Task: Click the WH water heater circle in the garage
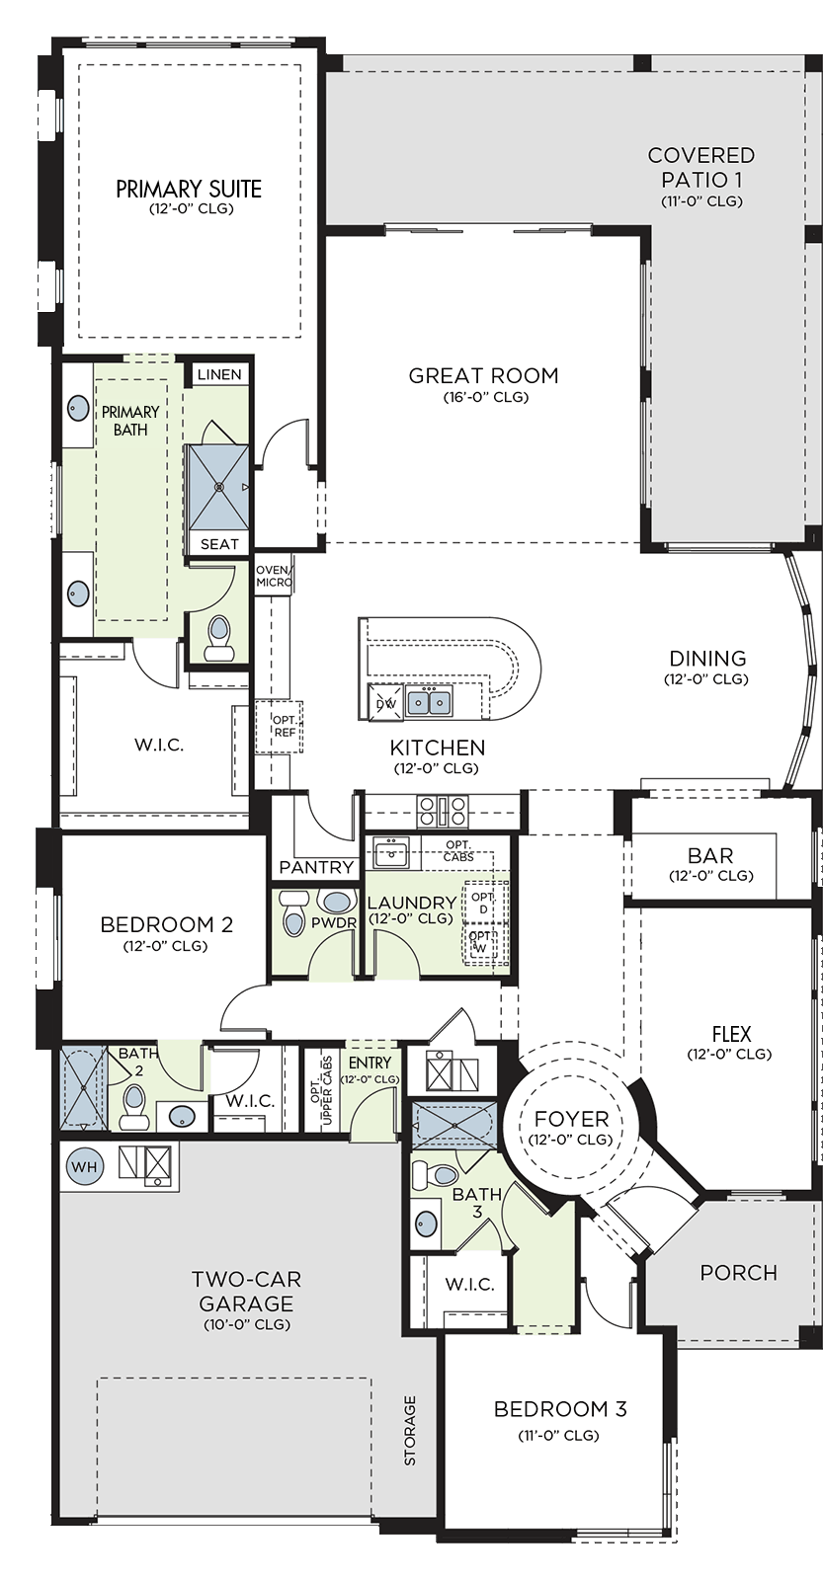coord(85,1166)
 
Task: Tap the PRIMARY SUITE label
coord(189,189)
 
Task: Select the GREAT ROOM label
coord(483,375)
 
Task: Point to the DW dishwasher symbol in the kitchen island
coord(385,703)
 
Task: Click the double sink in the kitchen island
coord(430,702)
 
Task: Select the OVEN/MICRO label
coord(274,577)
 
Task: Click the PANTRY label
coord(316,867)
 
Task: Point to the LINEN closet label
coord(219,374)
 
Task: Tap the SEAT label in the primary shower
coord(219,544)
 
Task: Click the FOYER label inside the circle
coord(571,1119)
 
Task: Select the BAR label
coord(710,855)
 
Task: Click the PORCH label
coord(738,1273)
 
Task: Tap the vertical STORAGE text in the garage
coord(410,1431)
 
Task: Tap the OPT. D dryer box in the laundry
coord(483,903)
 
